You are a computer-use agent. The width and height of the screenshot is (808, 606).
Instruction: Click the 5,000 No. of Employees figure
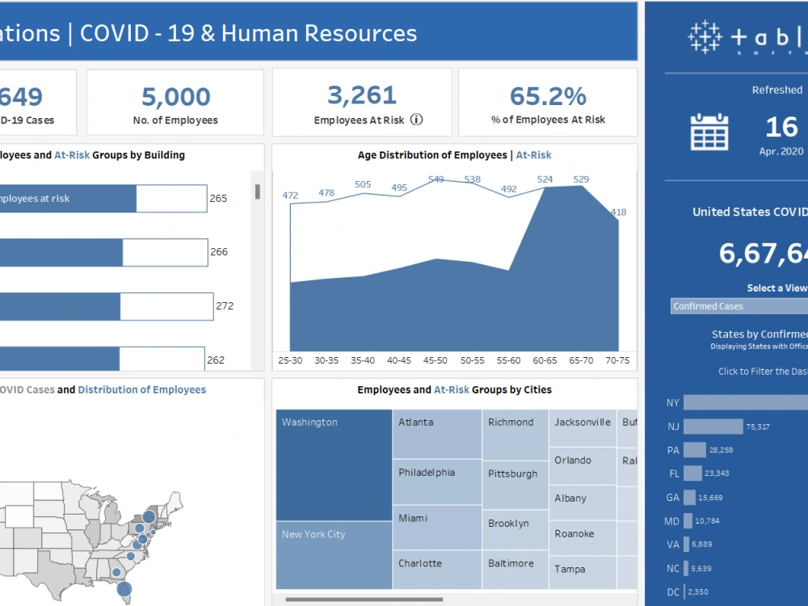[175, 97]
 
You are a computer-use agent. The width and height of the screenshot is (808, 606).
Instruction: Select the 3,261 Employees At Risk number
[361, 95]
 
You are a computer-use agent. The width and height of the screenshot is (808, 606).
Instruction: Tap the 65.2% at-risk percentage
[548, 96]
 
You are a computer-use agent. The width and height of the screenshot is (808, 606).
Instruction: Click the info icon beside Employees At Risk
[416, 120]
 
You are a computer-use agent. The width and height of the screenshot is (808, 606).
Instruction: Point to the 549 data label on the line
[436, 179]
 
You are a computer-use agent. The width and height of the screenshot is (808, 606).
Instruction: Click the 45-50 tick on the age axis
[436, 360]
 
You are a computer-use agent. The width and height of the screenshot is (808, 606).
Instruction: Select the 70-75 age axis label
[619, 360]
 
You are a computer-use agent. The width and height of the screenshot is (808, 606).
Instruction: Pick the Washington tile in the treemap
[334, 465]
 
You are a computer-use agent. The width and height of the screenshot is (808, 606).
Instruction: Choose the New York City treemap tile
[334, 555]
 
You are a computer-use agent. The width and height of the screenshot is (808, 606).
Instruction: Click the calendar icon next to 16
[709, 132]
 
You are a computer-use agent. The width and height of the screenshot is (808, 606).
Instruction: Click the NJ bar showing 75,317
[713, 427]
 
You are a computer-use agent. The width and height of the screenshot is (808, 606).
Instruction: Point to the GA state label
[671, 498]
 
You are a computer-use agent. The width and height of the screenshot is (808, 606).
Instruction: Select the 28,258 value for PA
[722, 450]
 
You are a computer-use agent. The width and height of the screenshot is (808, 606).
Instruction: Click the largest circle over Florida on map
[124, 589]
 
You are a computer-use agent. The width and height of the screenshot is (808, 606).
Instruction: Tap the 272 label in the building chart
[225, 306]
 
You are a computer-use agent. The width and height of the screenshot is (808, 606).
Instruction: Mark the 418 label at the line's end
[618, 213]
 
